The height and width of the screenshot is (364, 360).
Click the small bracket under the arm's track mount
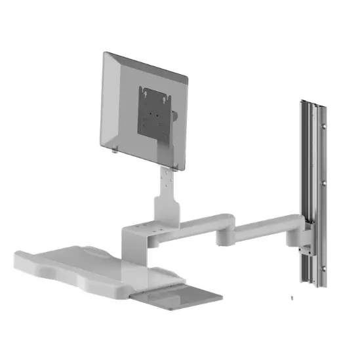[303, 250]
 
